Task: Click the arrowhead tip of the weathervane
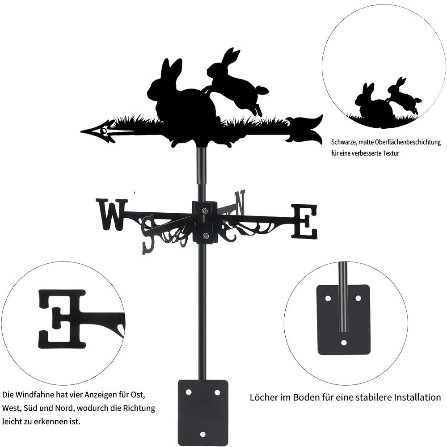(x=81, y=132)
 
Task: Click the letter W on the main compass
(x=111, y=215)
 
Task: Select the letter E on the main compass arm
(x=304, y=221)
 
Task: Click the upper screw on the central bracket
(x=205, y=211)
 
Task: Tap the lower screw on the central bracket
(x=205, y=236)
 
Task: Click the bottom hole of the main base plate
(x=202, y=434)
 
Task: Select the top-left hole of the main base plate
(x=188, y=392)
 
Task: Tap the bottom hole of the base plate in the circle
(x=344, y=342)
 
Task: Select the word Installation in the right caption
(x=417, y=397)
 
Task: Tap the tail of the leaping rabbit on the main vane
(x=262, y=90)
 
